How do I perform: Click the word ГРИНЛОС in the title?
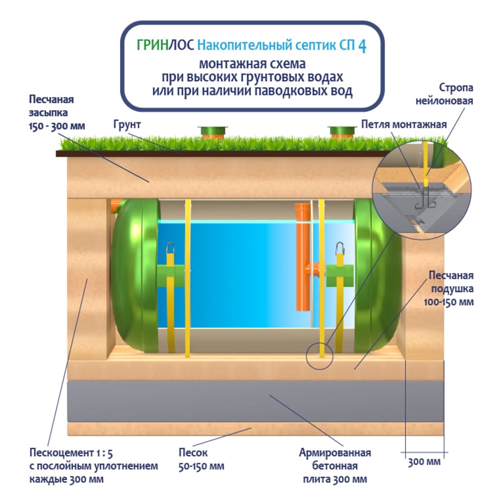tap(160, 45)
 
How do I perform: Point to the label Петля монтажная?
tap(404, 124)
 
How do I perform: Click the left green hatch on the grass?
tap(213, 132)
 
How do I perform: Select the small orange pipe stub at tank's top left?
tap(116, 205)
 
